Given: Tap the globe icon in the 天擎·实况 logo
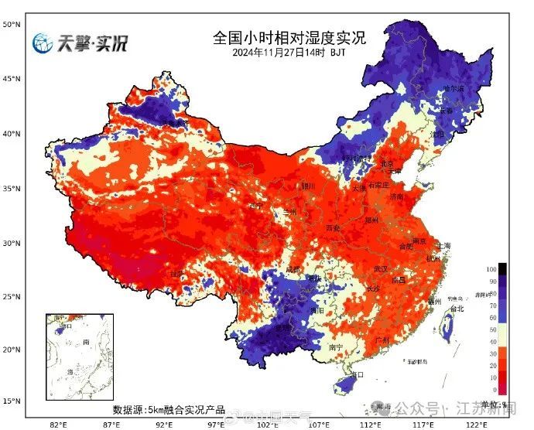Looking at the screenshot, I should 43,43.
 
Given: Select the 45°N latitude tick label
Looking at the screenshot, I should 11,79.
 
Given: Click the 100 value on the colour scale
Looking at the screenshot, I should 489,268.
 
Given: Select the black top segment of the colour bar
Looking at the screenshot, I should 501,269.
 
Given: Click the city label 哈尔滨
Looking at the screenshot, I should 454,90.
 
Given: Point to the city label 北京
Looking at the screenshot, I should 387,163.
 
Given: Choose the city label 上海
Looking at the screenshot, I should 443,246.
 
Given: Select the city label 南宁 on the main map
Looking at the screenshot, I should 336,348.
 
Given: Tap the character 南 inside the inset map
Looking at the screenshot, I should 85,341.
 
